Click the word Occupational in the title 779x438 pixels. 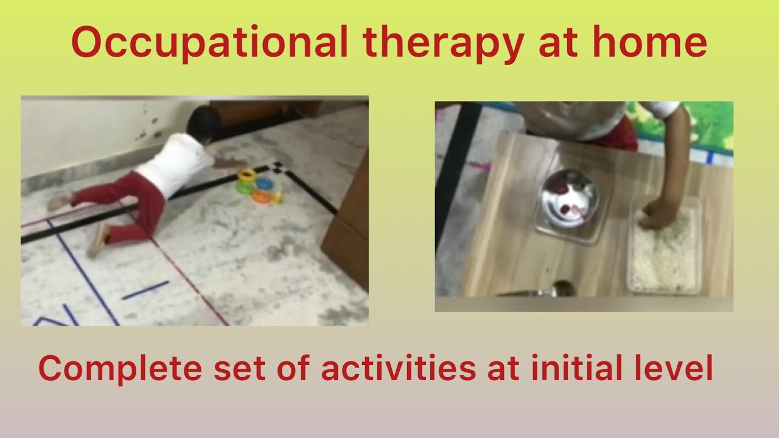tap(209, 44)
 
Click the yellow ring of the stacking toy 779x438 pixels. tap(247, 176)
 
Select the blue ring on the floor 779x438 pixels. tap(265, 183)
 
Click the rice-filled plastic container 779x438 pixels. tap(665, 249)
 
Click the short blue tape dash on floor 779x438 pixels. tap(145, 290)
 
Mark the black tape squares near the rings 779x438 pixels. tap(278, 167)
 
